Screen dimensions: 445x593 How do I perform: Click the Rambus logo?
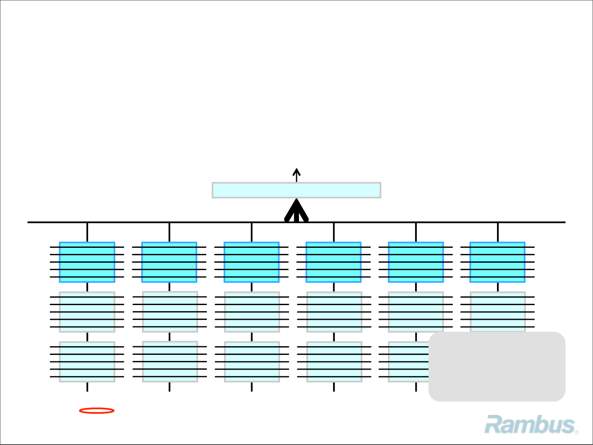tap(530, 425)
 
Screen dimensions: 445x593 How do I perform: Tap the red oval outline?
tap(96, 410)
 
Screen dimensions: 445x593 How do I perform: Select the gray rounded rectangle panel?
tap(497, 366)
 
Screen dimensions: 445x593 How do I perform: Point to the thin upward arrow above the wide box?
tap(296, 175)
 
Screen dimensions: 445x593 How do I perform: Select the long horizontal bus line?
tap(165, 222)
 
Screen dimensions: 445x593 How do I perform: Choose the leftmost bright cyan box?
tap(87, 262)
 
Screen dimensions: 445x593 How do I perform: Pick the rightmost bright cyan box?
tap(497, 262)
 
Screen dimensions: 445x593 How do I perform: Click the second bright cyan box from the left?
tap(169, 262)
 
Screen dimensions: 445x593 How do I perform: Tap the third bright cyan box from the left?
tap(252, 262)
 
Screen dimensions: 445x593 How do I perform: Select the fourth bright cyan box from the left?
tap(334, 262)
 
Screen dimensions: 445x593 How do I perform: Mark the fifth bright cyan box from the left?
tap(416, 262)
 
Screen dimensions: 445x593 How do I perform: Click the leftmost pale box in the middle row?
tap(87, 312)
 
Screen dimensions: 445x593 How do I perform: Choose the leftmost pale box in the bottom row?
tap(87, 362)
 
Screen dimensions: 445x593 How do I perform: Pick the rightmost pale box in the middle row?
tap(497, 311)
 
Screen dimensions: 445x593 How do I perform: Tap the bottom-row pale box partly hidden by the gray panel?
tap(408, 362)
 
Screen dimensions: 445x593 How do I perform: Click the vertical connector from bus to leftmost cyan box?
tap(87, 232)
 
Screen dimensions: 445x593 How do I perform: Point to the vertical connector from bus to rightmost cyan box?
tap(498, 232)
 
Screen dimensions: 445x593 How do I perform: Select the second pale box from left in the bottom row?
tap(170, 361)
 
